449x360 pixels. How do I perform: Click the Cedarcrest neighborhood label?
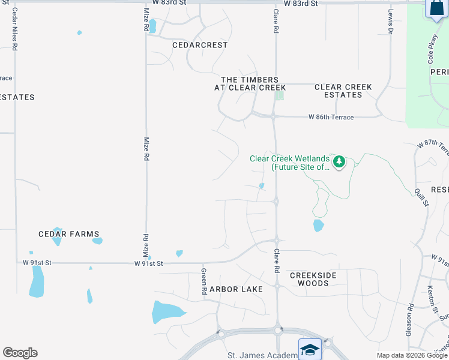(200, 45)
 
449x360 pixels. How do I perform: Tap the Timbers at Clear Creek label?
(250, 83)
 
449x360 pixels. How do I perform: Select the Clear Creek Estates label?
(343, 91)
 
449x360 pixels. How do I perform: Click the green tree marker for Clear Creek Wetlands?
(339, 161)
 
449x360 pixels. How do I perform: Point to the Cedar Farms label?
(68, 234)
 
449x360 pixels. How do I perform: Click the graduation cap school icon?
(310, 350)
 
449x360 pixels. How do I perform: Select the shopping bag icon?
(435, 8)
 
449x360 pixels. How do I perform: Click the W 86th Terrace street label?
(331, 118)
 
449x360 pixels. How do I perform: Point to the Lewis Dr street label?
(390, 21)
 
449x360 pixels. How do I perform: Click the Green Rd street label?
(204, 281)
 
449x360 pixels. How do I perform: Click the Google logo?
(20, 353)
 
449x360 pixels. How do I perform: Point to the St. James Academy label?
(262, 356)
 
